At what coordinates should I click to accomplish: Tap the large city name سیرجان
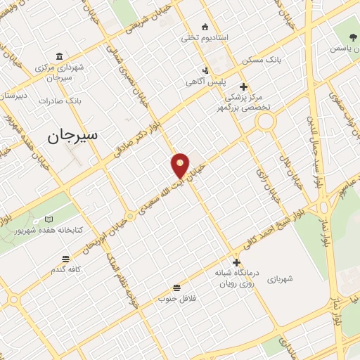pyautogui.click(x=73, y=135)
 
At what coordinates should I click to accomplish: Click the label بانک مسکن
pyautogui.click(x=262, y=60)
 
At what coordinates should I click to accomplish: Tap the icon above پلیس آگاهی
pyautogui.click(x=205, y=70)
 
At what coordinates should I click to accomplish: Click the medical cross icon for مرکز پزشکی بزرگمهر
pyautogui.click(x=243, y=86)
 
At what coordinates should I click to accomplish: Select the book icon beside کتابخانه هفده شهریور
pyautogui.click(x=49, y=219)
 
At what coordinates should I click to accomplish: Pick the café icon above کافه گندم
pyautogui.click(x=65, y=259)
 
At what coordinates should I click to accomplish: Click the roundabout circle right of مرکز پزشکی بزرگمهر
pyautogui.click(x=266, y=122)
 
